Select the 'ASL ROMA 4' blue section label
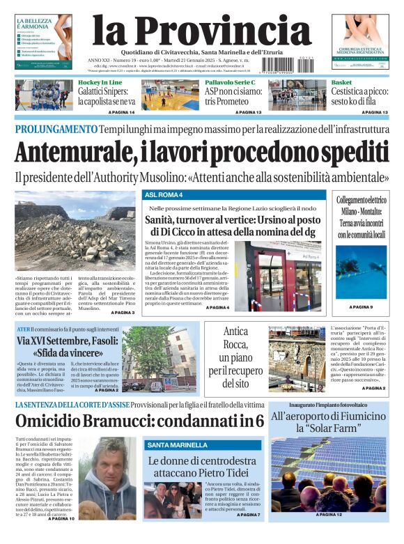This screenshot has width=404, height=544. pos(164,195)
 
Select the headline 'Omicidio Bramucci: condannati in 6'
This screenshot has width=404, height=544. pos(139,421)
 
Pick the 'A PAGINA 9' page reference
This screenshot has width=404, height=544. pos(361,306)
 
